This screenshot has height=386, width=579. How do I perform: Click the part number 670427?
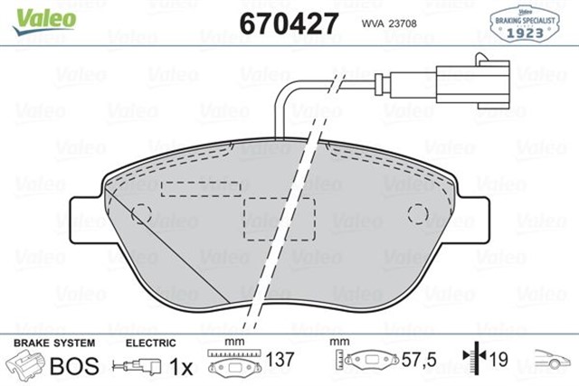click(288, 22)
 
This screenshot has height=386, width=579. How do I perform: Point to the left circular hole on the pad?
click(141, 213)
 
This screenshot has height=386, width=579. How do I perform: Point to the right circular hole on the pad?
click(417, 213)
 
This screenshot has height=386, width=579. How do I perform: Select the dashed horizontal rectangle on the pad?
click(200, 188)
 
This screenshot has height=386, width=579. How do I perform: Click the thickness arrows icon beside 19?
click(472, 361)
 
